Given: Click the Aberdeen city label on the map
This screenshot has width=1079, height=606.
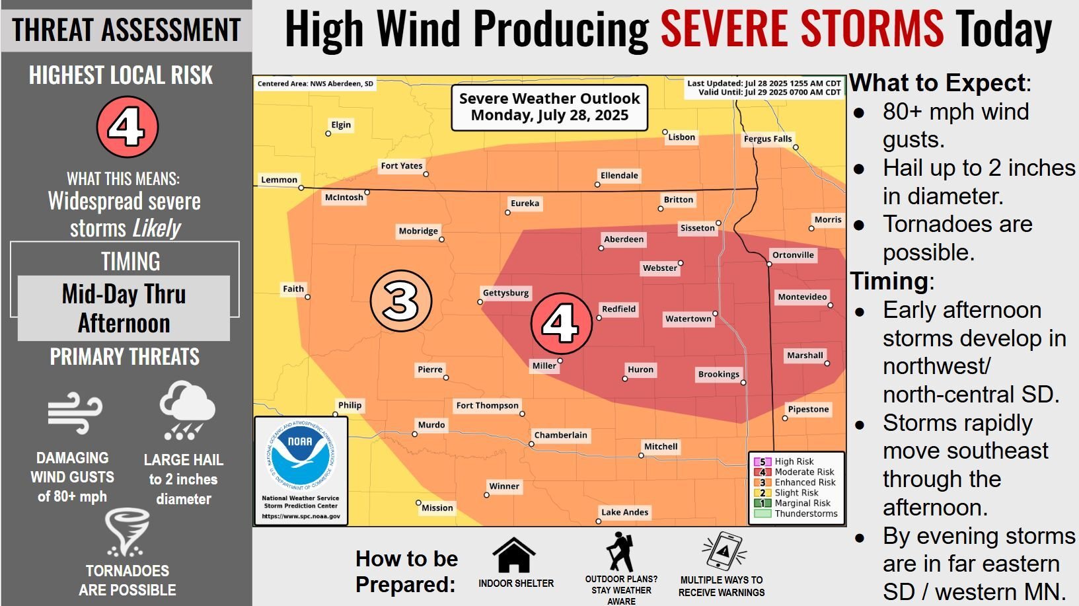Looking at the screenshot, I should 623,239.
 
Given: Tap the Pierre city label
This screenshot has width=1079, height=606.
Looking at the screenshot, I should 429,369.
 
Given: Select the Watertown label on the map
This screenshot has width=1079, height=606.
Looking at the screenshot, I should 688,319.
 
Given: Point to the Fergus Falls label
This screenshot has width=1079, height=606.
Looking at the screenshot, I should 767,139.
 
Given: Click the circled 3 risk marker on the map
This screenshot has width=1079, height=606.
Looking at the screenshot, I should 400,301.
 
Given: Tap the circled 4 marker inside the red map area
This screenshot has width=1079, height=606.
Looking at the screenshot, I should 561,323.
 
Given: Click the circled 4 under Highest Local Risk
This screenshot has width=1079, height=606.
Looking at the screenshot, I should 127,127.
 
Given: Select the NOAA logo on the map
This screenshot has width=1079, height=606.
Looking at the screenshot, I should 301,457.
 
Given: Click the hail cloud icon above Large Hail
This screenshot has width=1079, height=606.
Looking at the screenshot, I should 186,410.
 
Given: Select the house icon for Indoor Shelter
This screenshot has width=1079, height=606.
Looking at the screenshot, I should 513,555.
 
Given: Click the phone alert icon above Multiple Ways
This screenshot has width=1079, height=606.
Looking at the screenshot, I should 724,550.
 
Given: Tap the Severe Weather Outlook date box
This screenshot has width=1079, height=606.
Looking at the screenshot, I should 549,107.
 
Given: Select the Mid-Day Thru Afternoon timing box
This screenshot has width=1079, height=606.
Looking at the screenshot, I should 124,308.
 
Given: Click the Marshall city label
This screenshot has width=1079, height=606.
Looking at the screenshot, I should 804,356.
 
